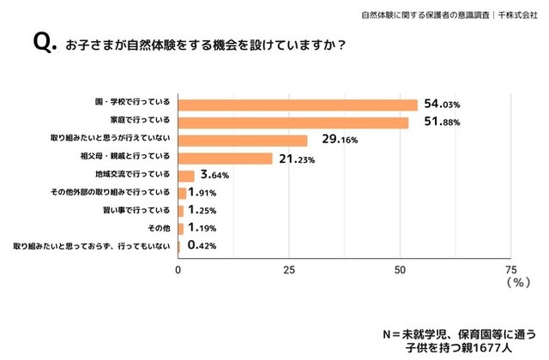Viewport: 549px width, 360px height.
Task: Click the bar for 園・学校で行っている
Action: click(x=298, y=105)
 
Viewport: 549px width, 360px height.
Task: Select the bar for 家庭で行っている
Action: click(x=293, y=123)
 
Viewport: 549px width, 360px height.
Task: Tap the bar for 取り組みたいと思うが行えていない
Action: click(x=243, y=141)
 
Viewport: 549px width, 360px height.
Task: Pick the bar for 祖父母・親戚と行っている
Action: click(x=226, y=159)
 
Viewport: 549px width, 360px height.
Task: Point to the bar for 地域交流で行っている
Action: click(x=186, y=176)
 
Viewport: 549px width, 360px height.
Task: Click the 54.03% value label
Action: click(x=443, y=105)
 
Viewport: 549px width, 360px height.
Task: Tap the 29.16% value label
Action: click(x=332, y=141)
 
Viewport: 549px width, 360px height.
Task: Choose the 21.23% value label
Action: click(x=297, y=159)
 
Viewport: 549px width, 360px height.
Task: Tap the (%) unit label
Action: click(x=520, y=281)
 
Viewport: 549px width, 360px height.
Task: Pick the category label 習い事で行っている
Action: click(x=136, y=211)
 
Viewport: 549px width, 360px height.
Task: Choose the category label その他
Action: click(x=160, y=229)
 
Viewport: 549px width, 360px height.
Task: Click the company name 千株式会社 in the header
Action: click(x=520, y=15)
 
